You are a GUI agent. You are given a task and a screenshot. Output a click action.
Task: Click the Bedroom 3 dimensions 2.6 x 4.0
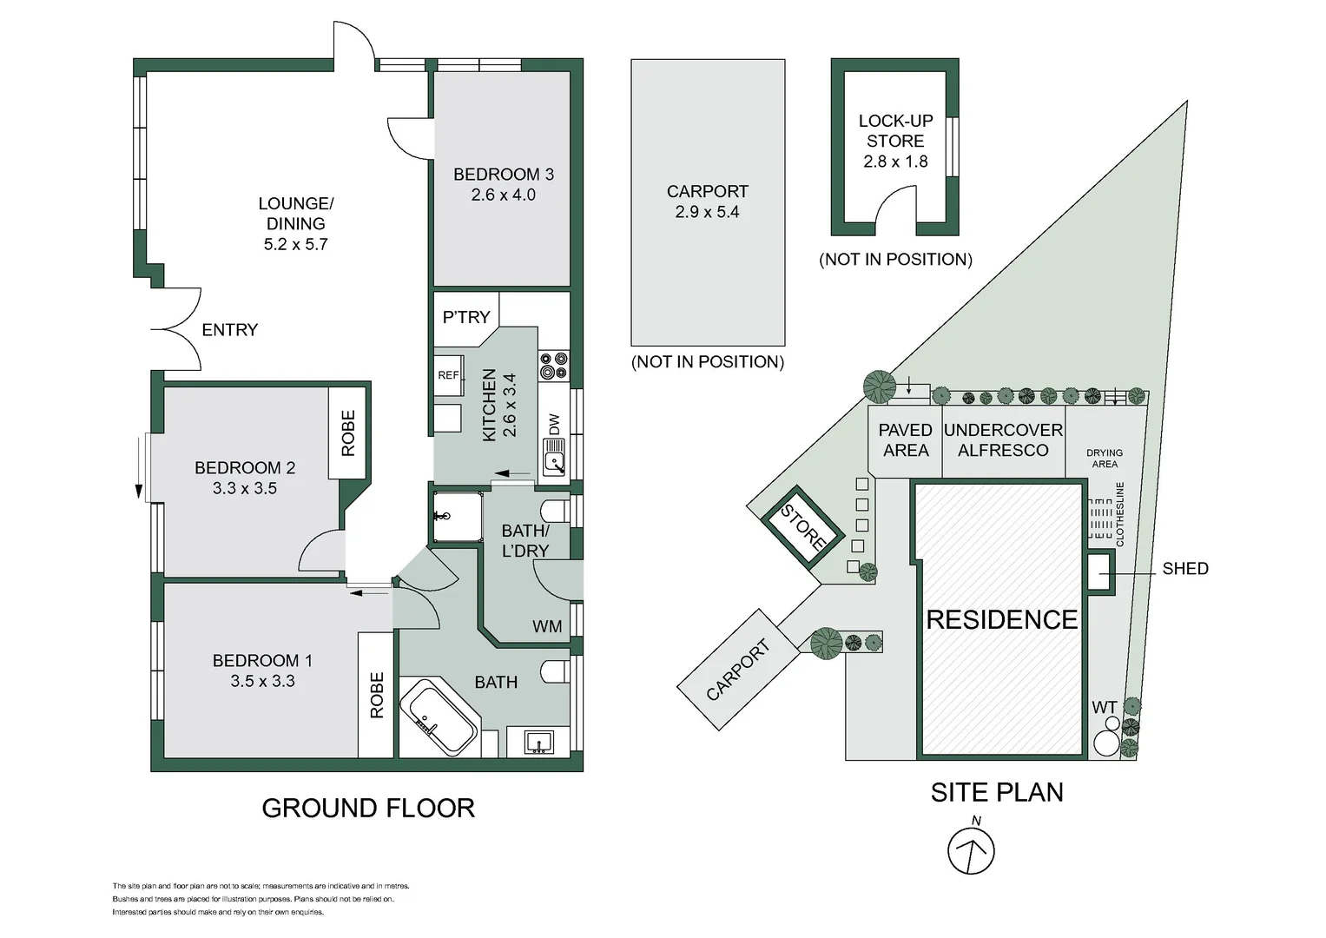503,195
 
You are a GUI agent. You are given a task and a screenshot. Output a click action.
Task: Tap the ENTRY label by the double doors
229,330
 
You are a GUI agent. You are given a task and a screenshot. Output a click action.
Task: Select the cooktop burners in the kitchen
554,366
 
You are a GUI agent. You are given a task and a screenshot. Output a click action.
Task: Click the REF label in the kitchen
448,375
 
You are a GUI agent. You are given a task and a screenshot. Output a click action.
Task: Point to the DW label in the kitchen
554,424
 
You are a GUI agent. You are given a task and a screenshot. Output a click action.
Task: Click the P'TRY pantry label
466,317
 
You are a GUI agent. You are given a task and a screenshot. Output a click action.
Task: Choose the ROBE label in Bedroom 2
348,433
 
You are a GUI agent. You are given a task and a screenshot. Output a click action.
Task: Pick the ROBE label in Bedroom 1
377,695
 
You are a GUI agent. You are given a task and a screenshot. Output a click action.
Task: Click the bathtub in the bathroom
439,717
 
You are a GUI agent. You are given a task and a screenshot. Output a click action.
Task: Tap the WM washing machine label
547,626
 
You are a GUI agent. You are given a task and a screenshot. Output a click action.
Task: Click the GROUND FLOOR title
368,809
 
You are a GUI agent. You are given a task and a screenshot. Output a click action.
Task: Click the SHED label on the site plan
1185,569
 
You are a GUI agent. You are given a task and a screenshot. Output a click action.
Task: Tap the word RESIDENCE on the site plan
1001,619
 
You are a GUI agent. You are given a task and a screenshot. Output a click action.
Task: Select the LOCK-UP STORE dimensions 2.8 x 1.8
895,162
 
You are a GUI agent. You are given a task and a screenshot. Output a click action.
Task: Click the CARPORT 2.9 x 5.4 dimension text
708,212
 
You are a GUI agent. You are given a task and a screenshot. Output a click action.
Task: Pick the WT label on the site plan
1105,707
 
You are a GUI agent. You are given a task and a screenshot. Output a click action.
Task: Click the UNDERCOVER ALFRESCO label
1003,440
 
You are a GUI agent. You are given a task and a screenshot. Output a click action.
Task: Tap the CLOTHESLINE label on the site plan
1119,514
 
